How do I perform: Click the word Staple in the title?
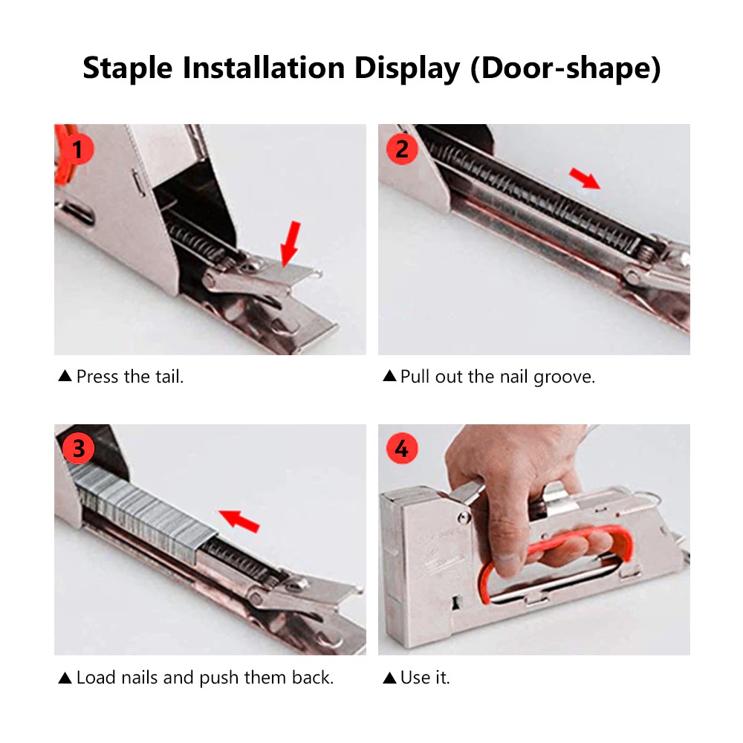click(128, 68)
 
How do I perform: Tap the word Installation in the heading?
click(264, 68)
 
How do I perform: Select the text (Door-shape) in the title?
click(565, 68)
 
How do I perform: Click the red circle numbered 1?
click(77, 149)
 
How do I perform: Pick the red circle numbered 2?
click(402, 149)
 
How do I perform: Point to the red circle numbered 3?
click(78, 448)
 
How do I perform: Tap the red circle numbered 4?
click(402, 448)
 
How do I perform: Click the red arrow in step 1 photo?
click(291, 244)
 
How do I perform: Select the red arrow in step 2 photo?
click(585, 178)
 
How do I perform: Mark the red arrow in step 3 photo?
click(239, 520)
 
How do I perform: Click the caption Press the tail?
click(130, 377)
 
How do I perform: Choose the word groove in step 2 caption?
click(564, 377)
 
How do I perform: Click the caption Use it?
click(425, 678)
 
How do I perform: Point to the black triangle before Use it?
click(389, 678)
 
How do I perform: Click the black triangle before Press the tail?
click(65, 376)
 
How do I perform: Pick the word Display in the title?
click(407, 68)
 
